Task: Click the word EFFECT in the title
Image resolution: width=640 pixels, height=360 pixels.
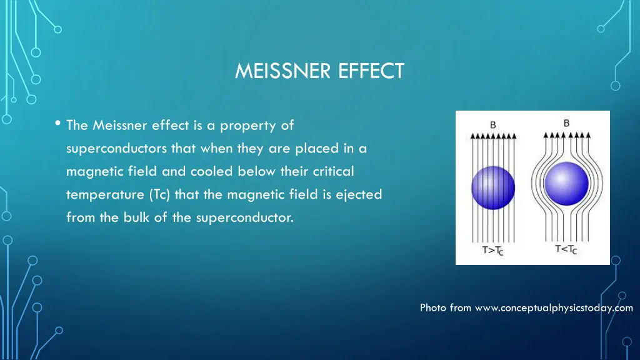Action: (x=372, y=71)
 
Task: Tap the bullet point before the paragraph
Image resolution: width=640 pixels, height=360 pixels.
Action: (x=57, y=124)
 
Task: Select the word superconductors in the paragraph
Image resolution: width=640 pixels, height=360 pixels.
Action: (x=116, y=149)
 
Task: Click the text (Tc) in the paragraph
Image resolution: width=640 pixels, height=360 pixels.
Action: (x=159, y=195)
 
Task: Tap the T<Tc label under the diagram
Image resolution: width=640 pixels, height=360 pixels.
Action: (x=566, y=250)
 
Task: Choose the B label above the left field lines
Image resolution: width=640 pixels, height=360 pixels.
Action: (x=492, y=124)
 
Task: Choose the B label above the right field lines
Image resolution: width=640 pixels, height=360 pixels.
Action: (x=566, y=123)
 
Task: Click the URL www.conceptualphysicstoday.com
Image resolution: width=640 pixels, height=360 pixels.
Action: (x=554, y=307)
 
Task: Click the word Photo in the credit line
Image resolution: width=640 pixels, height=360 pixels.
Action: (x=433, y=307)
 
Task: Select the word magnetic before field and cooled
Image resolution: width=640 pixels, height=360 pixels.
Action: (x=91, y=172)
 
